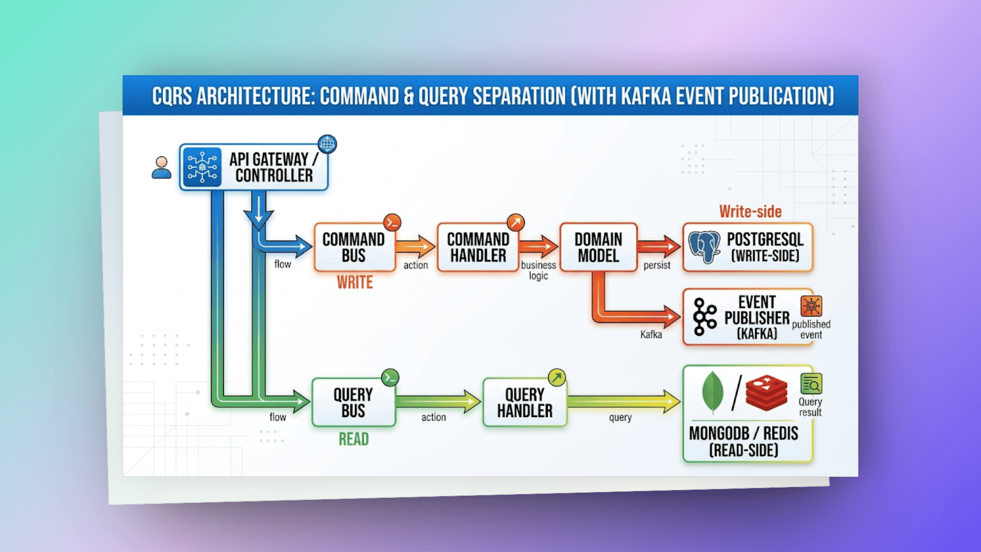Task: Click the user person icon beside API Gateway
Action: [x=161, y=167]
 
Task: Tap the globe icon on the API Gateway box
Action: [x=327, y=144]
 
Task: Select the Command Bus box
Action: [x=355, y=247]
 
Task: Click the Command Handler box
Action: [x=478, y=247]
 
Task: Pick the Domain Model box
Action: [x=598, y=247]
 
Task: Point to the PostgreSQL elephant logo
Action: [x=705, y=247]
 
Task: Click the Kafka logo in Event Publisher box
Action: [x=705, y=317]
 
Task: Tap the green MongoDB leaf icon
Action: [x=713, y=392]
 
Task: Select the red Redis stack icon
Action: [x=766, y=393]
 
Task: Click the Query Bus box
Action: [x=354, y=402]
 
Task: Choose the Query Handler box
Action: [x=525, y=402]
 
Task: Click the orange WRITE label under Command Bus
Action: [x=355, y=282]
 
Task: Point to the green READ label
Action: [x=354, y=439]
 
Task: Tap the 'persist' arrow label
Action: [x=657, y=265]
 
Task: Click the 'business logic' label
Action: [x=539, y=270]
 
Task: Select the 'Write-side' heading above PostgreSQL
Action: [x=751, y=212]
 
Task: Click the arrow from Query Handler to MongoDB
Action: [x=624, y=402]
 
